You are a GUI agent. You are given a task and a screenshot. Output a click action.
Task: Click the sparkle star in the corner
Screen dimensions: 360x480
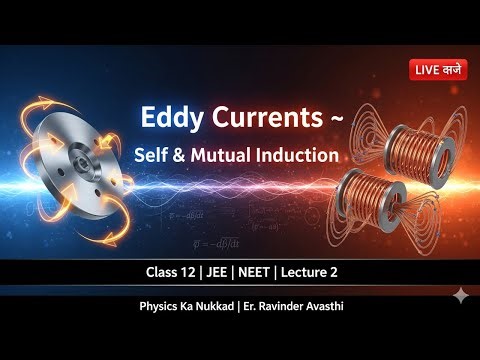coord(459,296)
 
